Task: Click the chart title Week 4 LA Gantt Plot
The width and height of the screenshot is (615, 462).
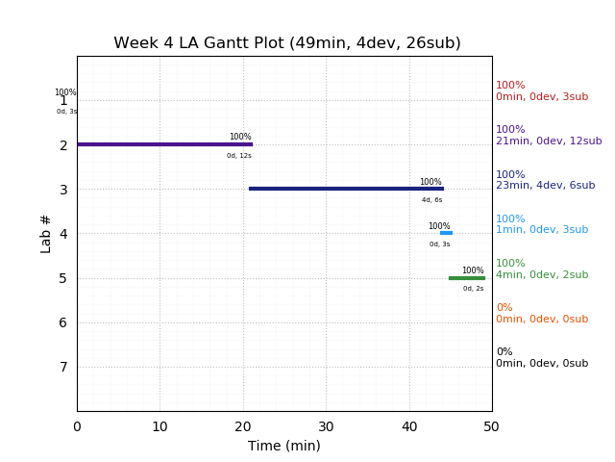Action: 286,43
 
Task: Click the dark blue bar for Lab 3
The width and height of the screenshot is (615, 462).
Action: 346,189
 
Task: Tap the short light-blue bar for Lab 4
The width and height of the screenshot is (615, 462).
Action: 446,233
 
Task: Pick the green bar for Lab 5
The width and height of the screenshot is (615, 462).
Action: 467,278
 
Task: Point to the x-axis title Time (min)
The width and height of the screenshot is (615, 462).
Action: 284,446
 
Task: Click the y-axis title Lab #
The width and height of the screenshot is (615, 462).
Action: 46,234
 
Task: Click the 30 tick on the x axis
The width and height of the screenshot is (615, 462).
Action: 326,426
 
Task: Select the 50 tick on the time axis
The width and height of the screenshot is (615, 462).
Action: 492,426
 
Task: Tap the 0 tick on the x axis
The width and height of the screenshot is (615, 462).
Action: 77,426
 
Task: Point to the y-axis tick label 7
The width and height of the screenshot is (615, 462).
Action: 63,367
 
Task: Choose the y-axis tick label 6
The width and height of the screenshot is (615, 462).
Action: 63,322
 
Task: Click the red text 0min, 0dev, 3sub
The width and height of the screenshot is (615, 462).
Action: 542,97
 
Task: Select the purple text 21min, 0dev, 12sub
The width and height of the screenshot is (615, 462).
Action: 549,141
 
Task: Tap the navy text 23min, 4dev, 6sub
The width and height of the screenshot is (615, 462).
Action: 545,186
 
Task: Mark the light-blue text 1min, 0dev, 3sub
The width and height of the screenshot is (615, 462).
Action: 542,230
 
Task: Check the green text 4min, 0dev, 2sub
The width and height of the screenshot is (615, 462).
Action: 542,275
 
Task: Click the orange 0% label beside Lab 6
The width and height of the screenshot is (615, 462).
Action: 504,308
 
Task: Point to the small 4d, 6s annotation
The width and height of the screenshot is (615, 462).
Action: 432,200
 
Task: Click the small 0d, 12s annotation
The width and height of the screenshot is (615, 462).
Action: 239,156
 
